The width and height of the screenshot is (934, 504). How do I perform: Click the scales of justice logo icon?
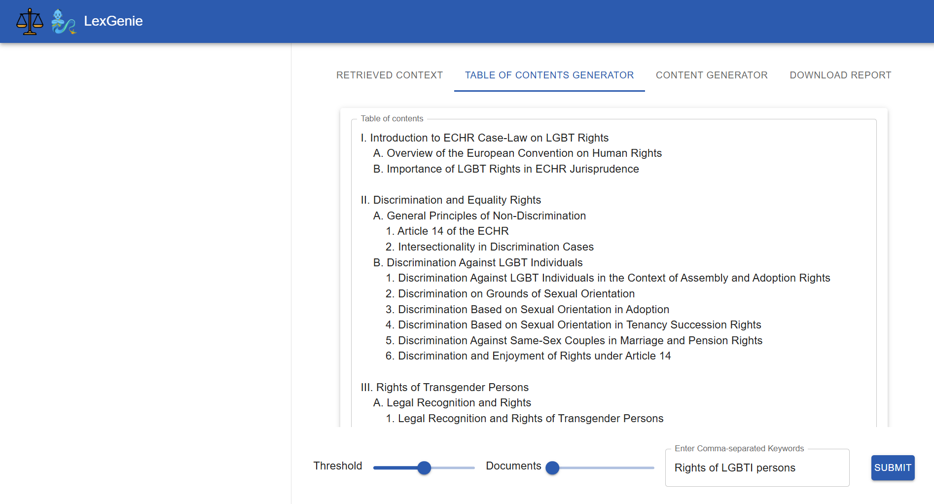pos(30,21)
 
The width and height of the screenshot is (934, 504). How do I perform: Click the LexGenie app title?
pos(113,21)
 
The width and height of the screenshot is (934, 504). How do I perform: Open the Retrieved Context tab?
pos(390,75)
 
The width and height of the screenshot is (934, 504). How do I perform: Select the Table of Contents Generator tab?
pos(549,75)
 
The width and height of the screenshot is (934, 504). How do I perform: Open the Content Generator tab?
pos(712,75)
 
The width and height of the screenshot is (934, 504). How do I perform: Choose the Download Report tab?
pos(840,75)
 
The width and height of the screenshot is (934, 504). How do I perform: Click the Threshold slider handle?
pos(424,468)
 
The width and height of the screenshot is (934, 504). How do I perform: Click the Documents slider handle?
pos(552,468)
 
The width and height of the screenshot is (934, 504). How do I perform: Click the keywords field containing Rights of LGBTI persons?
pos(757,468)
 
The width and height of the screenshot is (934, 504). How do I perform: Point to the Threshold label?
pos(338,466)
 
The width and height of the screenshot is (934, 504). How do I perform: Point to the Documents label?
pos(513,466)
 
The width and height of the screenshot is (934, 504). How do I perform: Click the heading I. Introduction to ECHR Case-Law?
pos(485,138)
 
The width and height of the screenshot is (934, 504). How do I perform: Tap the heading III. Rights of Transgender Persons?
pos(445,388)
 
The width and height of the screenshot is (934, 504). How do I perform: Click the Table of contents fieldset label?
pos(392,119)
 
